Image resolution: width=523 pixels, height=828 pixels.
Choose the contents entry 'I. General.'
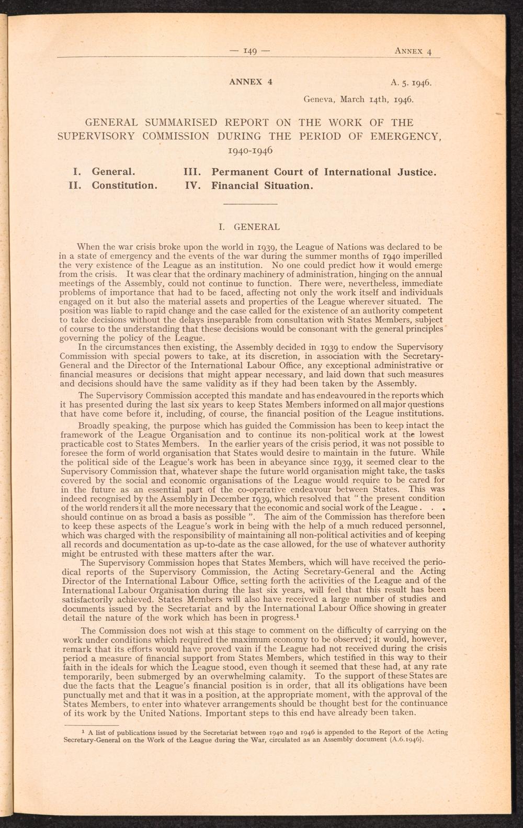tap(105, 172)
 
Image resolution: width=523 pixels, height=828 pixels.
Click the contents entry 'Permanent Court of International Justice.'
tap(324, 172)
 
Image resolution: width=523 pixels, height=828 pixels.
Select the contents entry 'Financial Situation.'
tap(262, 185)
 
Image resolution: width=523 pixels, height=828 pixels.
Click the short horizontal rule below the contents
tap(249, 203)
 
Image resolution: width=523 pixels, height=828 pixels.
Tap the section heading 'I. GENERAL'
tap(249, 227)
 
